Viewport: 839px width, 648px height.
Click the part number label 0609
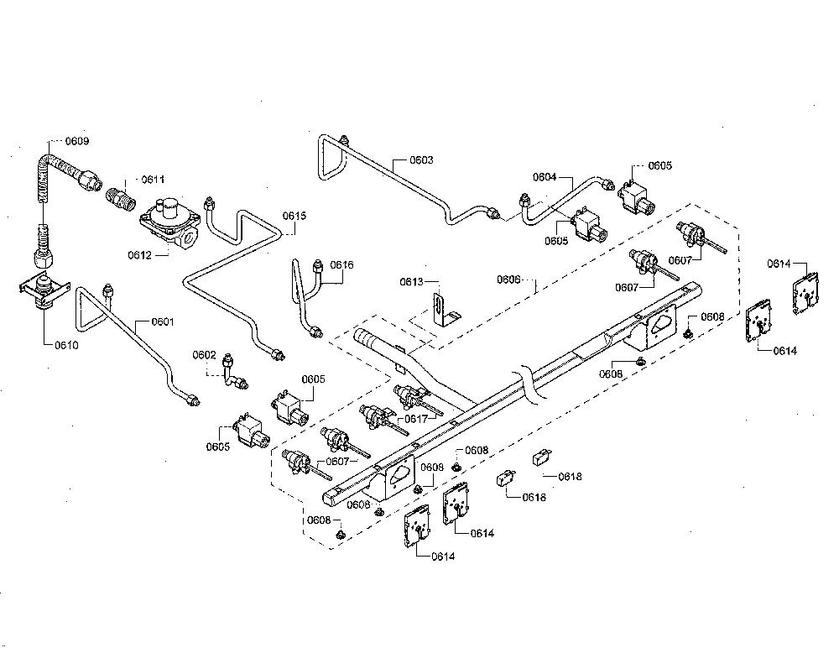[77, 141]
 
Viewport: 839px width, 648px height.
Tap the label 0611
[153, 180]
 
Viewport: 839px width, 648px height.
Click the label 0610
[66, 346]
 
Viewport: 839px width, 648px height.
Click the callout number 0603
[422, 159]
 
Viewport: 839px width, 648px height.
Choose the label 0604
[545, 177]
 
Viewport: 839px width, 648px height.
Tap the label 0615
[294, 216]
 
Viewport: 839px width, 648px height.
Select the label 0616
[341, 264]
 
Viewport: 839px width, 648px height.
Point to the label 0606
[508, 280]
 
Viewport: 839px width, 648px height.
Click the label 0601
[163, 321]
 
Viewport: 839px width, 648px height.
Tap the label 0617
[416, 420]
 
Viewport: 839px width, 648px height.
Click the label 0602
[205, 355]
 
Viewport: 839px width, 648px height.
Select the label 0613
[411, 282]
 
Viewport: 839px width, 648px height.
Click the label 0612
[139, 255]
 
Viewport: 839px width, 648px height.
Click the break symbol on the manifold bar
[529, 384]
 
